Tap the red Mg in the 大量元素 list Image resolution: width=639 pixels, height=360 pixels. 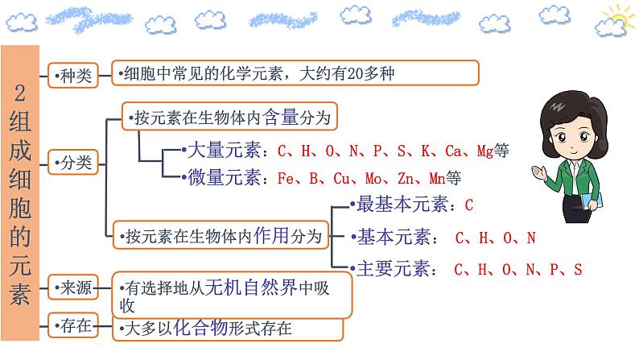484,151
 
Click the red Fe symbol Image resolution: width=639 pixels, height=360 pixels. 285,179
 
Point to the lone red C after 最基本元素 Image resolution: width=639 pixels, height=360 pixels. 469,205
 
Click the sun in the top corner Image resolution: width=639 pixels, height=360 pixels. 618,15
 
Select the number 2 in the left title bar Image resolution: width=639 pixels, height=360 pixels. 21,92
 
